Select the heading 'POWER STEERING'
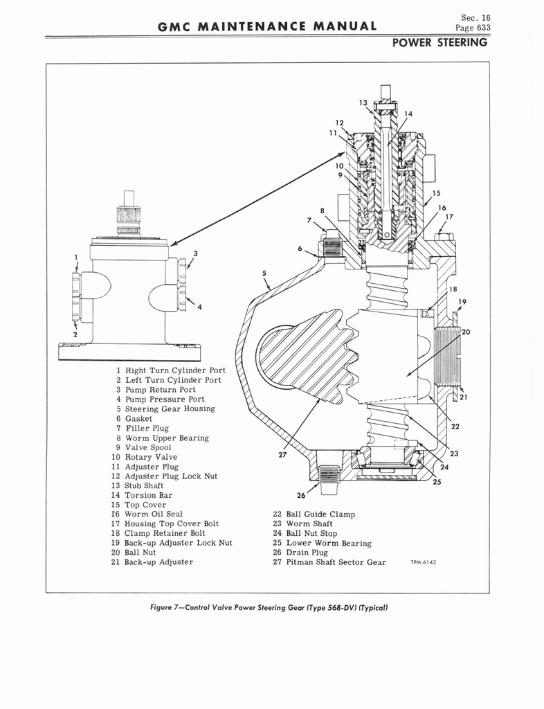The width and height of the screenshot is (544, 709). (x=439, y=43)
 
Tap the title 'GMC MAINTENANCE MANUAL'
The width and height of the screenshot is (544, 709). (x=268, y=27)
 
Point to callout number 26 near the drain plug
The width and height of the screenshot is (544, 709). (x=301, y=495)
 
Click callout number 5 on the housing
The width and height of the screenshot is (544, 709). (x=264, y=273)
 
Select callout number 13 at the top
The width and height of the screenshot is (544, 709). (x=363, y=102)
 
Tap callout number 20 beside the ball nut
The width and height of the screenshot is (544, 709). (x=466, y=332)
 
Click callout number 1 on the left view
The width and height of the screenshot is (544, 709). (x=75, y=258)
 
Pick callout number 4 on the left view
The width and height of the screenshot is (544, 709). (x=199, y=307)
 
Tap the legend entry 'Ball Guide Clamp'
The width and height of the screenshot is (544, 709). (x=313, y=514)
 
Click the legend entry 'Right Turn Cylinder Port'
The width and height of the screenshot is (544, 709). (x=170, y=370)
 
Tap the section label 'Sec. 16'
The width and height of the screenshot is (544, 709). (x=475, y=17)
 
